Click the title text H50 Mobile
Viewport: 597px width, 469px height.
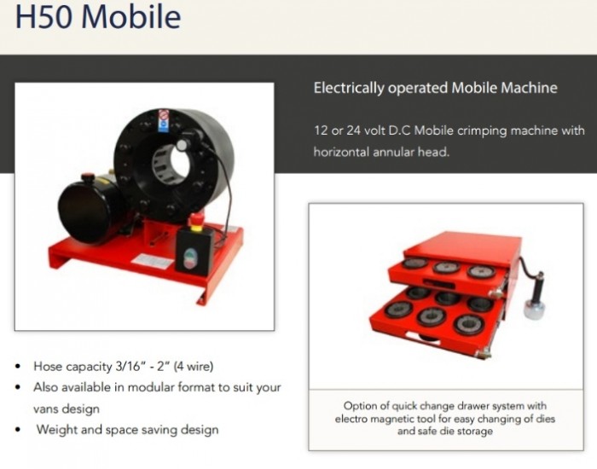click(97, 16)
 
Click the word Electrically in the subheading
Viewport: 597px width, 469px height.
click(349, 88)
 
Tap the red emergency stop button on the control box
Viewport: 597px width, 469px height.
click(196, 220)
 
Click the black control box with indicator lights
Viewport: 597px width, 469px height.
click(194, 252)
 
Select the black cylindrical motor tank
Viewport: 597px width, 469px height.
click(90, 206)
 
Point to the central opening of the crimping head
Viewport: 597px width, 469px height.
click(180, 160)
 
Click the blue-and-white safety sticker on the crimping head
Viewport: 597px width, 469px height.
click(164, 121)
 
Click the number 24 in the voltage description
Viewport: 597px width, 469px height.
click(353, 130)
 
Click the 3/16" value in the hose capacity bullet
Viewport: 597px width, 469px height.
click(130, 366)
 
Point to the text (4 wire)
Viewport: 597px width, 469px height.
click(193, 366)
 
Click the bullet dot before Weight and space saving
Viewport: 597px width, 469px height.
click(18, 430)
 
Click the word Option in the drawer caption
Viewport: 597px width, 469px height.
click(357, 406)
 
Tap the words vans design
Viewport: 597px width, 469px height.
click(67, 408)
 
